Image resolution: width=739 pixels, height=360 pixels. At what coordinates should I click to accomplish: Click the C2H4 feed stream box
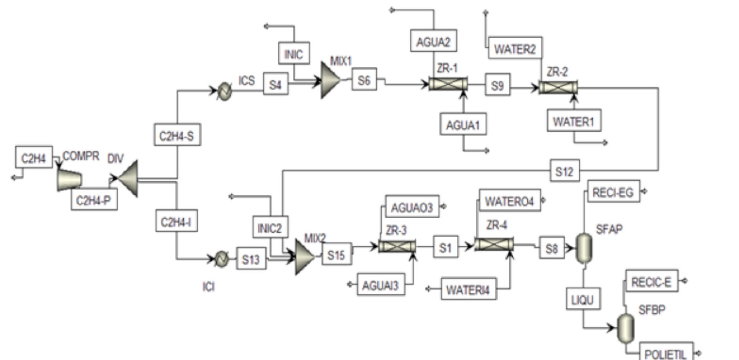(34, 157)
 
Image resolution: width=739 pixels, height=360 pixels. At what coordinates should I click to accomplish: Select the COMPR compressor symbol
(69, 179)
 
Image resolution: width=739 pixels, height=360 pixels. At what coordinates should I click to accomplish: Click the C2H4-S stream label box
(177, 135)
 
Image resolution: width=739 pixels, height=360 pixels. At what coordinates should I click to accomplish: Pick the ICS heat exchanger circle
(224, 91)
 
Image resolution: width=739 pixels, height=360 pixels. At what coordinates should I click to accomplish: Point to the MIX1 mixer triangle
(330, 80)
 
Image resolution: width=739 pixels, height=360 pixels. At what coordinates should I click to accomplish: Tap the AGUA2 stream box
(433, 41)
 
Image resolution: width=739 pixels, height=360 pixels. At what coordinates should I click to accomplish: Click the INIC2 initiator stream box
(270, 227)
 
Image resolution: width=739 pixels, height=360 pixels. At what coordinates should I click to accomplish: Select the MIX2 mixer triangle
(305, 257)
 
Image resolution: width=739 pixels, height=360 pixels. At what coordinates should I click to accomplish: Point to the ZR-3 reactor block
(397, 246)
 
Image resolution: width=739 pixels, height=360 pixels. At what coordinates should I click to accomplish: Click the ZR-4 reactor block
(494, 244)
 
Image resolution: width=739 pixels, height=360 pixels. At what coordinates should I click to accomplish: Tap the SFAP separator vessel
(584, 248)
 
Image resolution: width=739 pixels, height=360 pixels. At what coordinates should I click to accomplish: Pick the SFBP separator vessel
(626, 328)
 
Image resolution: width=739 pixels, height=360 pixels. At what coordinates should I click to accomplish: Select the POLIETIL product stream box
(666, 352)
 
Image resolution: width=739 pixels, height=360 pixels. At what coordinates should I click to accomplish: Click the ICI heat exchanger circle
(222, 259)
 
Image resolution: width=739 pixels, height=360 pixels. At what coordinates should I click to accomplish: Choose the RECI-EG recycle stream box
(613, 191)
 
